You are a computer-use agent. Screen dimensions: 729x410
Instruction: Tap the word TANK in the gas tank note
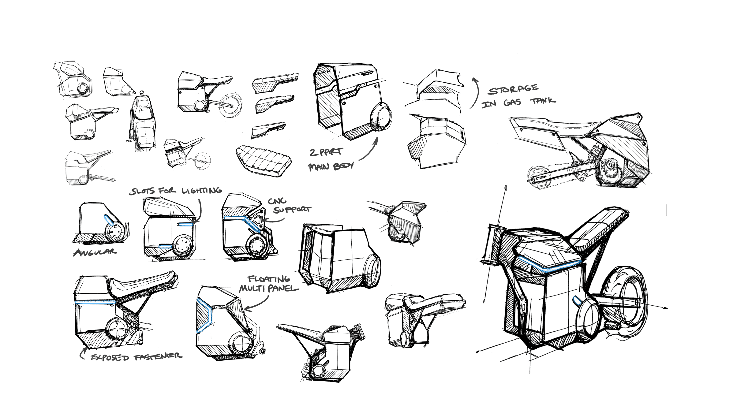click(543, 101)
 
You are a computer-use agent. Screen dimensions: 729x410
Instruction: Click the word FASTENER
click(158, 356)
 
